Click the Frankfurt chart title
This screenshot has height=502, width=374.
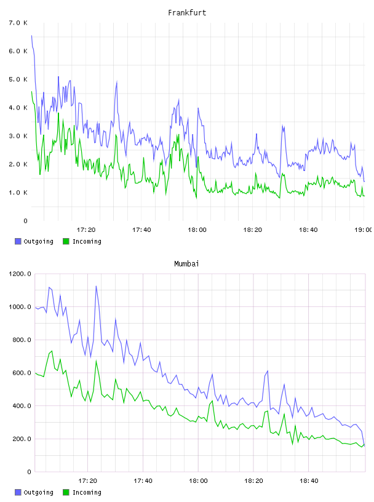(x=187, y=13)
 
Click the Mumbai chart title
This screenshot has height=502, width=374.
(x=186, y=264)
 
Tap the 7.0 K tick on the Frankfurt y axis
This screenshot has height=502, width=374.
(x=18, y=23)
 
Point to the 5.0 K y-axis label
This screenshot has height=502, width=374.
(x=18, y=79)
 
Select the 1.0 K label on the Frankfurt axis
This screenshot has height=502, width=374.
(x=18, y=193)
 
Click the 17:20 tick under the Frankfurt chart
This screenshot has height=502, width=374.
(x=86, y=229)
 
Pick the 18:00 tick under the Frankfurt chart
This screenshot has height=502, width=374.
(x=197, y=229)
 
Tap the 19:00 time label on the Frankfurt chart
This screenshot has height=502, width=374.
(x=364, y=229)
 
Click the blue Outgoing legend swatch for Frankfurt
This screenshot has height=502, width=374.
(x=18, y=241)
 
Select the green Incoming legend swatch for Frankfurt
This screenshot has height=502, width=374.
(x=66, y=241)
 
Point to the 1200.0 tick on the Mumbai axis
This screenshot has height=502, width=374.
(x=20, y=274)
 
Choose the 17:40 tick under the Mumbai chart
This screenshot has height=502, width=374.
(x=143, y=480)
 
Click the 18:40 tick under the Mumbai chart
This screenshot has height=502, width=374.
(x=309, y=480)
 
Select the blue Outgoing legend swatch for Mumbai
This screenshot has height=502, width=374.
(x=18, y=492)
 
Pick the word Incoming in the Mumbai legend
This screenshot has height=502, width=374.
(x=87, y=492)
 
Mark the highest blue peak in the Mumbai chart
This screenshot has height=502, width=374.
(x=96, y=286)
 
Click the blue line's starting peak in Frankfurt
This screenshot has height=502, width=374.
(x=31, y=36)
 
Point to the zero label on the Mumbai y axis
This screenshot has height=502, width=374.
(x=29, y=472)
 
